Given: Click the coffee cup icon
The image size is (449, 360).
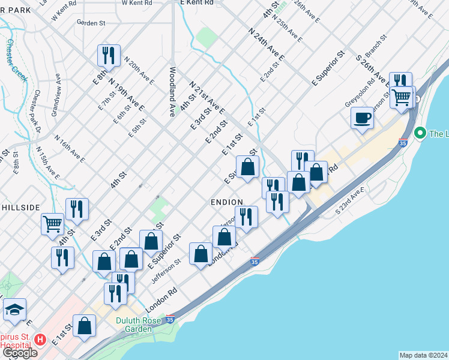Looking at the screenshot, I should point(363,117).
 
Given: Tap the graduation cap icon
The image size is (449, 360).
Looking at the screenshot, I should point(14,310).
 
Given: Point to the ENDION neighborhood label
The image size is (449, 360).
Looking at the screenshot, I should point(227,202).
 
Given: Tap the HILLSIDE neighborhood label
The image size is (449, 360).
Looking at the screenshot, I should point(19,207).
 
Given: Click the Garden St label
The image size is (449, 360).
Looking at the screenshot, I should point(91,23).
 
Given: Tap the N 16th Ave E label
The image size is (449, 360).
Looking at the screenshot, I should point(70,149).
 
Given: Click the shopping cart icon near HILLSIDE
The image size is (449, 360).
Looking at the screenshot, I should point(52,224).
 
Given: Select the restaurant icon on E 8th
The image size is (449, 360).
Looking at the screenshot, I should point(109,56).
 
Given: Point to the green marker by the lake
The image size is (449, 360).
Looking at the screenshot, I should point(420,133).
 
